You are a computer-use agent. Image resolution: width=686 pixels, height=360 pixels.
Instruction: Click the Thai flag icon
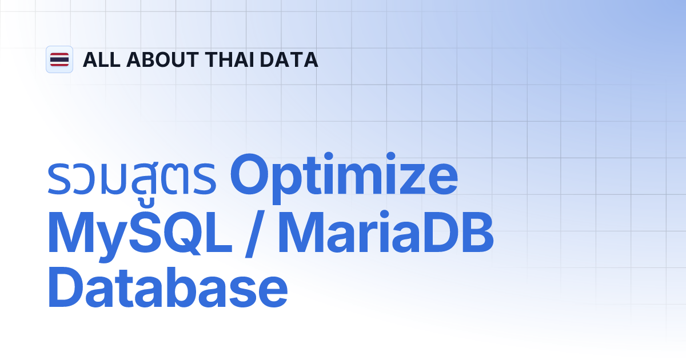click(59, 59)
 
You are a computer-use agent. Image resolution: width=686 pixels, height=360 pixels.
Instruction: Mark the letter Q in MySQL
click(178, 234)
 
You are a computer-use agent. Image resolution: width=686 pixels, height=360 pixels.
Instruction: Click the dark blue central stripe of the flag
click(59, 59)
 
